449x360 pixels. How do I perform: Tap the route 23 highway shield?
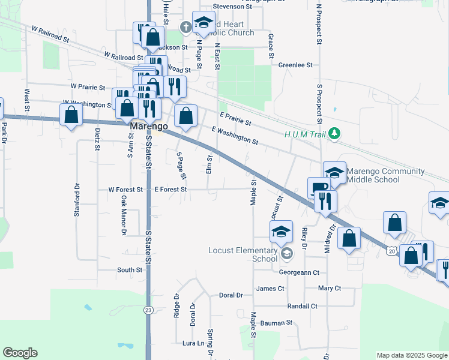point(148,310)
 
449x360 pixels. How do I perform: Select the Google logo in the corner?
point(20,353)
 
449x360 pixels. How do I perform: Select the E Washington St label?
point(235,136)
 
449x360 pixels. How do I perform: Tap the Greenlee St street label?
point(295,65)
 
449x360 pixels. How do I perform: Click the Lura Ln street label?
point(193,343)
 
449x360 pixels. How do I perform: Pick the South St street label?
point(129,270)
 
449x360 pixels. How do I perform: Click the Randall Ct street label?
point(303,306)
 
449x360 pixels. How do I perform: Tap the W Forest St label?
point(125,190)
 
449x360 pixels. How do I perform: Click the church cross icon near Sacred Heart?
point(186,27)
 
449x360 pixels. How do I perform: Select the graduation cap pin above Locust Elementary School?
point(281,231)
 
